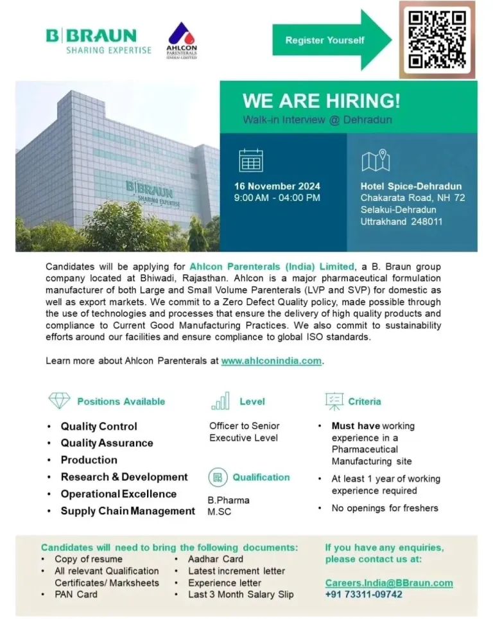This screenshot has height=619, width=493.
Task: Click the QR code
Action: pos(437,40)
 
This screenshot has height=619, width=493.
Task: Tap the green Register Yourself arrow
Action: pos(331,40)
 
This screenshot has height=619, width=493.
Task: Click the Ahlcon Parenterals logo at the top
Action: pos(182,40)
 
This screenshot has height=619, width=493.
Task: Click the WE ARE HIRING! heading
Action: pos(321,101)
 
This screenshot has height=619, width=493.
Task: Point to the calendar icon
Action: pos(251,161)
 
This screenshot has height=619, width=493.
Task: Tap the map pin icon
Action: pos(376,160)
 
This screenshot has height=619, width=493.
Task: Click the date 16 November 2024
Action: pos(277,186)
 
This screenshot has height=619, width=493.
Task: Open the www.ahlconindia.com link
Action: pos(271,361)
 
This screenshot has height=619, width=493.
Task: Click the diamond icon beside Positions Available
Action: pos(60,401)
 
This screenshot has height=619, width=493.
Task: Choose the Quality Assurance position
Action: pos(107,443)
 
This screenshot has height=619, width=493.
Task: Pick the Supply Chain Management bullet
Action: pos(127,511)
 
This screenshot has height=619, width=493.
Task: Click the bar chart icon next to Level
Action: pos(220,401)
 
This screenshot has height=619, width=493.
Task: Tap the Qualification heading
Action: pos(261,477)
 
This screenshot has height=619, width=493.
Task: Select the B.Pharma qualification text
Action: pos(229,500)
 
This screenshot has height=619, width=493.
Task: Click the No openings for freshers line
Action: pos(385,508)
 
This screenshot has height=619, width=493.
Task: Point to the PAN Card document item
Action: pos(76,594)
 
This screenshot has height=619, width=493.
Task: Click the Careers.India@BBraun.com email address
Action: pos(388,583)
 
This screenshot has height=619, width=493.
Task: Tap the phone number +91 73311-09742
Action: pos(363,595)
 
